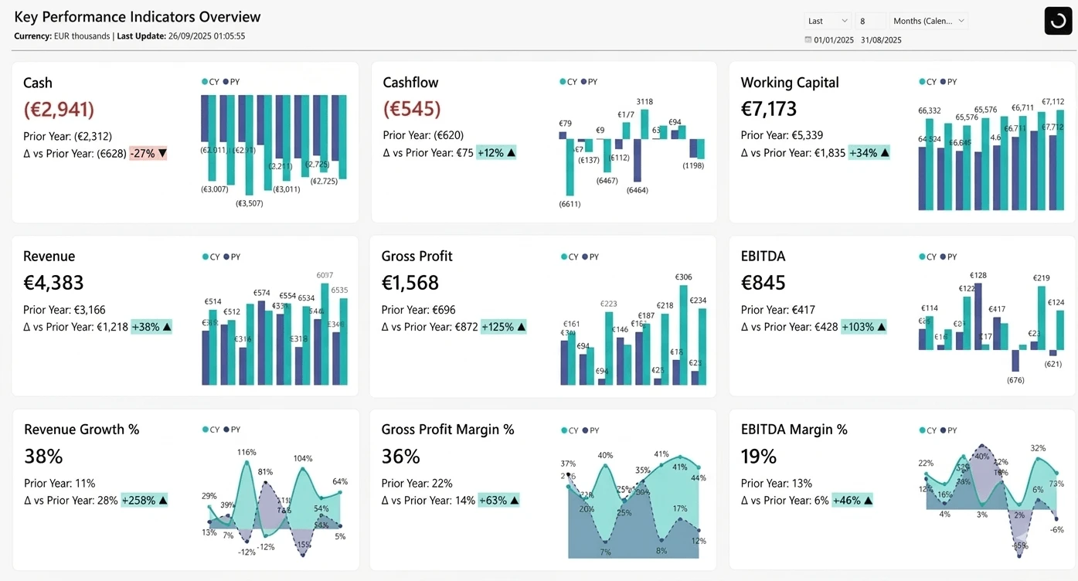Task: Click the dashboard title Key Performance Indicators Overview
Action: pos(138,17)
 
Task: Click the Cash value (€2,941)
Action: pos(59,110)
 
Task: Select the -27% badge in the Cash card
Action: pos(148,153)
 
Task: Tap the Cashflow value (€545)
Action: pos(412,109)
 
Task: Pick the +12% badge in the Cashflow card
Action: pos(496,153)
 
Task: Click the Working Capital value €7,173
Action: pos(768,109)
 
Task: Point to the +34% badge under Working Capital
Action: pos(869,153)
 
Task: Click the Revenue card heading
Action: pos(49,257)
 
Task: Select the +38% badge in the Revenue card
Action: pos(151,327)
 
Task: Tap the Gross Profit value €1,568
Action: pos(410,283)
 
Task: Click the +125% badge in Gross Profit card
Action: pos(503,327)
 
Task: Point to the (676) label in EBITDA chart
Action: pos(1015,380)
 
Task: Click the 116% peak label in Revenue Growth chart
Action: pos(247,452)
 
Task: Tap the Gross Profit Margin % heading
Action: pos(447,430)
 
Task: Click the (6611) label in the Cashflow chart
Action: pos(570,204)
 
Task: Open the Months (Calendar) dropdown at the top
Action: pos(929,21)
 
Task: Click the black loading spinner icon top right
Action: pos(1058,21)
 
